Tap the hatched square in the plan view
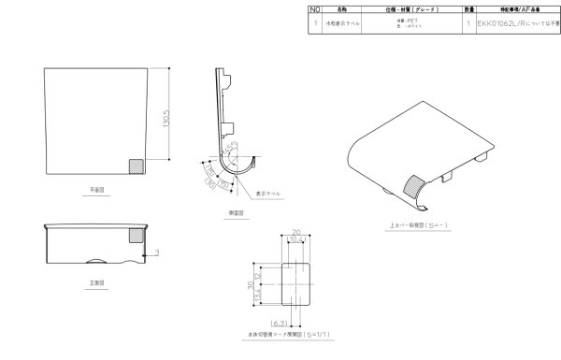coord(136,166)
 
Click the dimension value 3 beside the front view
coord(158,252)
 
